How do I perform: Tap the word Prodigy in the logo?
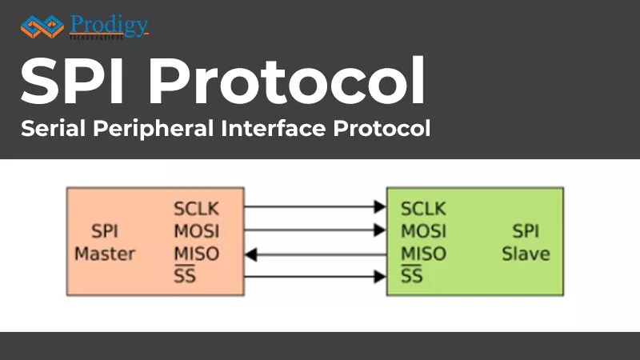[x=109, y=25]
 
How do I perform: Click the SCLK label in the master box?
[x=196, y=210]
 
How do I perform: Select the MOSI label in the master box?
[x=196, y=232]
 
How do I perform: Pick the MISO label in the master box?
[x=196, y=254]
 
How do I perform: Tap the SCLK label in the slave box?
[x=423, y=210]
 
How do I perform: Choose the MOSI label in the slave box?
[x=423, y=232]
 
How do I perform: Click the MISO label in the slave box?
[x=423, y=254]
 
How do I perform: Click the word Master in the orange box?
[x=105, y=254]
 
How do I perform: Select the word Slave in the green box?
[x=526, y=254]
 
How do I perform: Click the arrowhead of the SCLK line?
[x=379, y=207]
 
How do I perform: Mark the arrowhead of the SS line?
[x=379, y=278]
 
